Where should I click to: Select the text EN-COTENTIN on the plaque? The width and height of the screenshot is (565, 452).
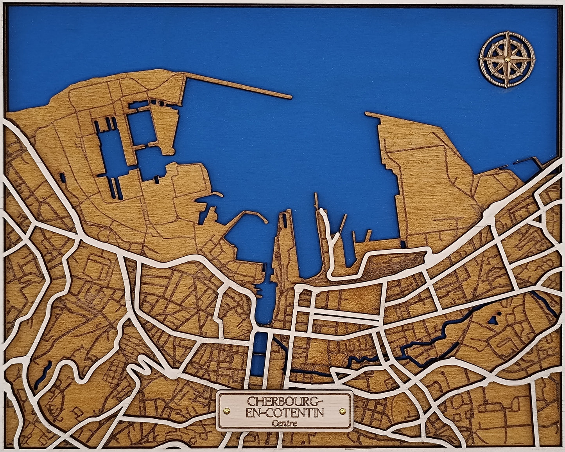[284, 412]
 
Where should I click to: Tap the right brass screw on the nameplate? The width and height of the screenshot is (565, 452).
[343, 411]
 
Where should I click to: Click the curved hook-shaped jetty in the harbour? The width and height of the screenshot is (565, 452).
[250, 215]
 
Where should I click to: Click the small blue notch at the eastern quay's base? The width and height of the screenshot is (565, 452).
[402, 244]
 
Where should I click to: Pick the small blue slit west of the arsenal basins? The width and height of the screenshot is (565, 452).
[63, 178]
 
